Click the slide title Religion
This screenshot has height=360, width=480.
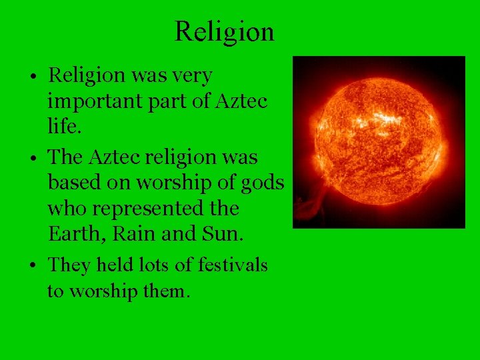coord(224,31)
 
